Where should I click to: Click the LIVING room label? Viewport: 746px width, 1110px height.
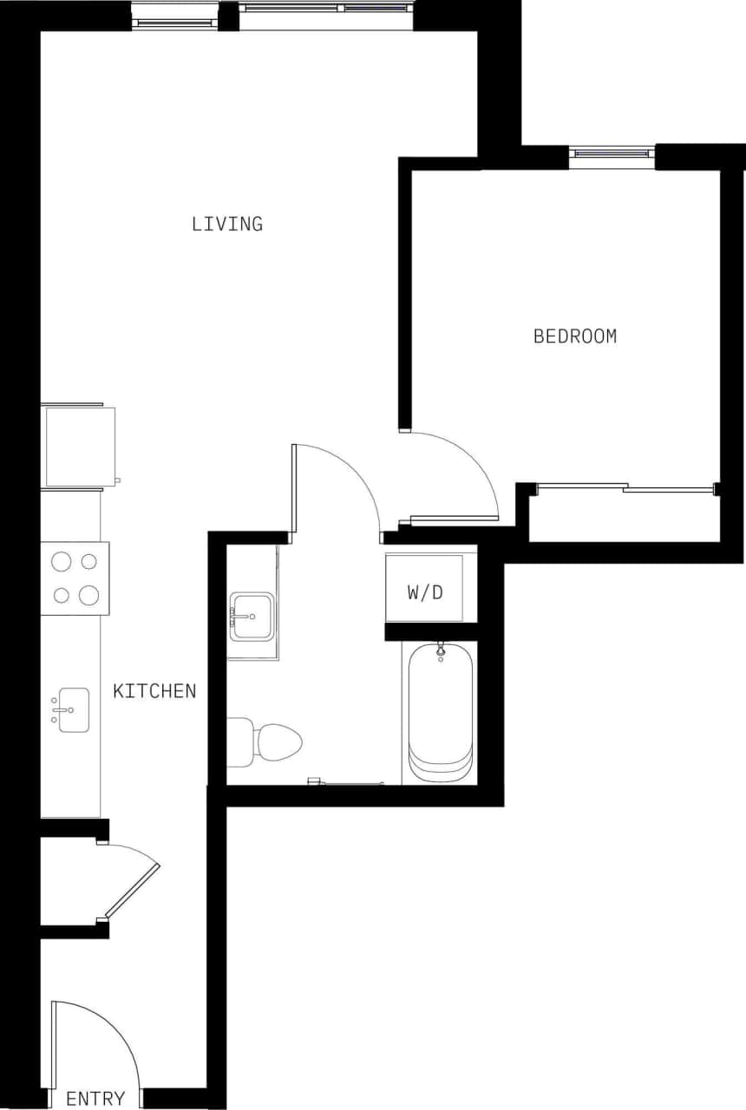[x=227, y=224]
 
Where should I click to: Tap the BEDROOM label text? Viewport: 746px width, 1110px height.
[x=574, y=336]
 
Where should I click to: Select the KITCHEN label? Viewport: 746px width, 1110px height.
[x=154, y=691]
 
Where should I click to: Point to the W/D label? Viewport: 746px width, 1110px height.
[x=425, y=592]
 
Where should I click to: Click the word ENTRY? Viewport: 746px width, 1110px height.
[x=95, y=1099]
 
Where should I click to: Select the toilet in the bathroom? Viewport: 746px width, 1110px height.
[x=276, y=741]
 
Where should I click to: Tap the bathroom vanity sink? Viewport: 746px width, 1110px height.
[x=252, y=617]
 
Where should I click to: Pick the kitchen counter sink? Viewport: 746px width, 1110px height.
[x=74, y=709]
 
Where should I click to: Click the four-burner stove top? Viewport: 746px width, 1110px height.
[x=75, y=578]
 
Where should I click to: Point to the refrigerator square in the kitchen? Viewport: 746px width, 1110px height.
[x=80, y=447]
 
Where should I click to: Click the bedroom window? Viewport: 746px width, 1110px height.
[x=612, y=154]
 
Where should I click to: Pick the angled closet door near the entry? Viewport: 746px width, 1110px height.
[x=132, y=889]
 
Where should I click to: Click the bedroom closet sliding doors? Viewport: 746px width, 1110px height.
[x=625, y=487]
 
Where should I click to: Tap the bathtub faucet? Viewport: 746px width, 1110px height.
[x=441, y=649]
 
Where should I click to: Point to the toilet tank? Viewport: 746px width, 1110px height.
[x=239, y=741]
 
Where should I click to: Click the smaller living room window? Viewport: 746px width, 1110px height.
[x=176, y=16]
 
